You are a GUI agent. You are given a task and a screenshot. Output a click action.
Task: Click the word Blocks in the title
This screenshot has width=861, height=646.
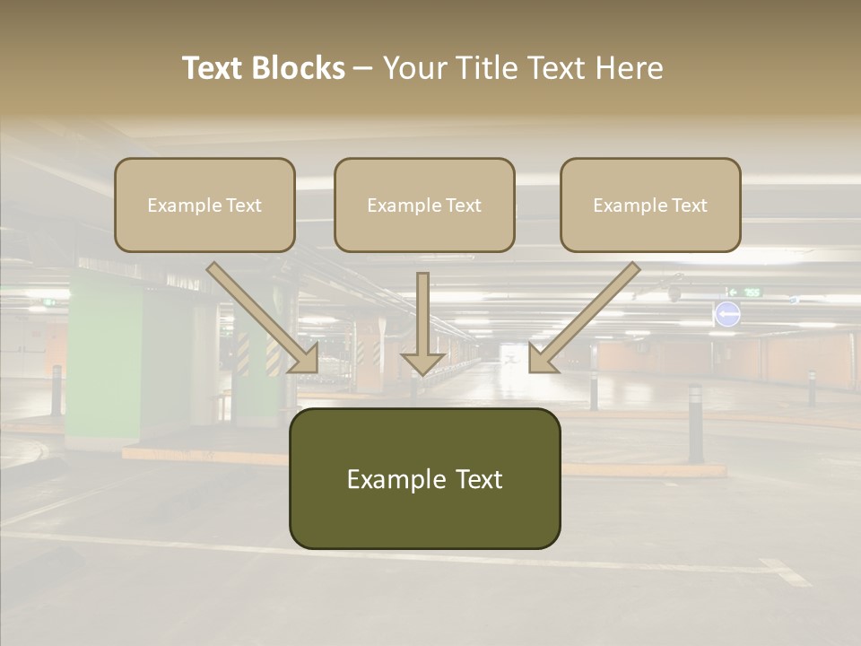pyautogui.click(x=298, y=68)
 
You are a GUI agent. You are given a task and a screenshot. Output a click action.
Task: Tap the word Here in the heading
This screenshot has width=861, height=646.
pyautogui.click(x=631, y=68)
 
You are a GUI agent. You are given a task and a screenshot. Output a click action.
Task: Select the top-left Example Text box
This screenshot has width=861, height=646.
pyautogui.click(x=204, y=205)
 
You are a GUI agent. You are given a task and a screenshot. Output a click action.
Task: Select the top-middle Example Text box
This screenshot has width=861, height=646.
pyautogui.click(x=424, y=205)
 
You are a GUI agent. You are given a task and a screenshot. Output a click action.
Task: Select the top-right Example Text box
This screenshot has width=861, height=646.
pyautogui.click(x=650, y=205)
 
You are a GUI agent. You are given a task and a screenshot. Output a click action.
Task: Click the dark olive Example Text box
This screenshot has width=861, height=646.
pyautogui.click(x=424, y=478)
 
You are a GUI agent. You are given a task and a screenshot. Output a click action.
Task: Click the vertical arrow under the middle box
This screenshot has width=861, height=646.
pyautogui.click(x=423, y=323)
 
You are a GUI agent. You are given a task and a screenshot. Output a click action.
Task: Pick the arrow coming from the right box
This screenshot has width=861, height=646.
pyautogui.click(x=584, y=318)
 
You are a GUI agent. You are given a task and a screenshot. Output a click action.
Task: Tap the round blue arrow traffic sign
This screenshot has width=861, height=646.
pyautogui.click(x=727, y=314)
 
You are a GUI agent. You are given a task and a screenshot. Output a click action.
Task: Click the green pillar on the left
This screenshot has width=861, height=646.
pyautogui.click(x=103, y=359)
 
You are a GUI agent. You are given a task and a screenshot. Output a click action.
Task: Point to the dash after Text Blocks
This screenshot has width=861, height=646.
pyautogui.click(x=363, y=68)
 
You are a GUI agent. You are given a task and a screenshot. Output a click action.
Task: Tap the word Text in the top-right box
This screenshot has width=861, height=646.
pyautogui.click(x=689, y=205)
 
